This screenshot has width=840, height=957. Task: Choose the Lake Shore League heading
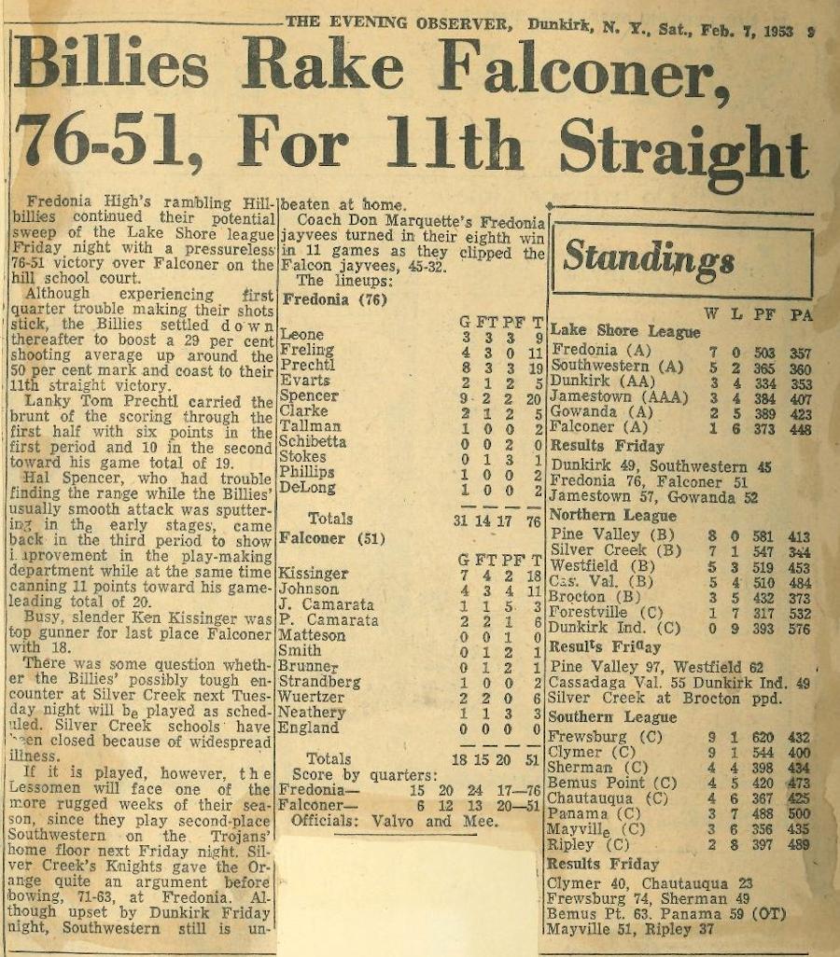[625, 331]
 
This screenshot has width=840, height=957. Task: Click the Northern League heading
[613, 515]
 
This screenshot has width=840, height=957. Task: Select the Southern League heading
[612, 716]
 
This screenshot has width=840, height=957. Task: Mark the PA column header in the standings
[800, 315]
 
